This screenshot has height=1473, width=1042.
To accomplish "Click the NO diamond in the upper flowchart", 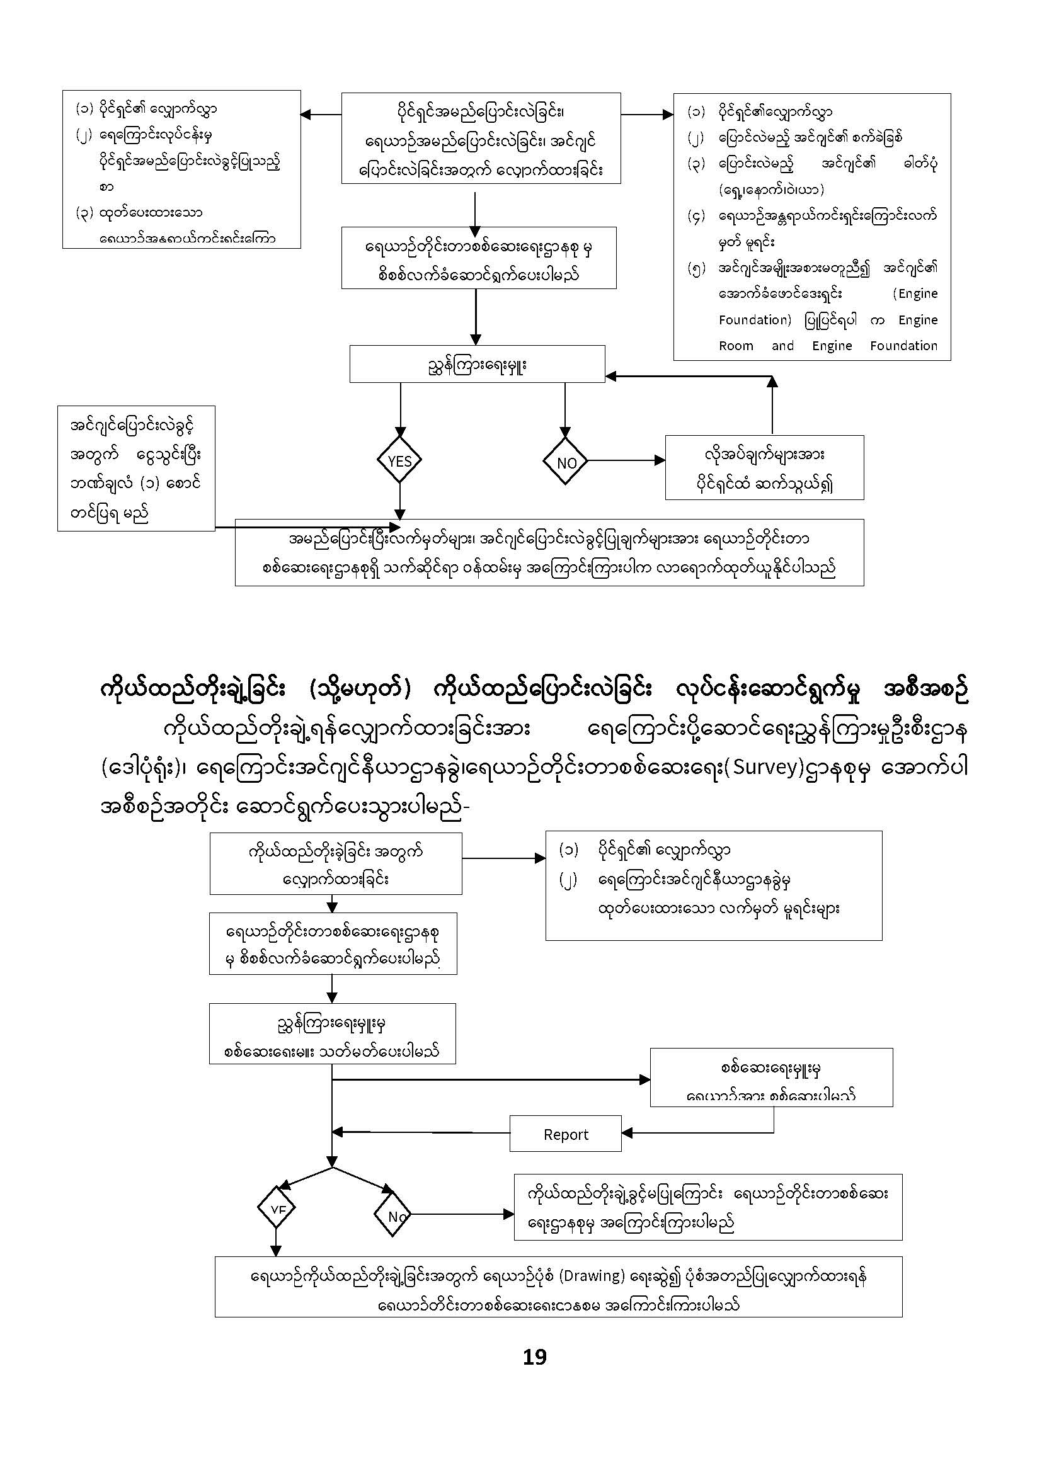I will (x=565, y=461).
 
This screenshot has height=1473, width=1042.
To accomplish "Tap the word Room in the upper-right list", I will (x=736, y=346).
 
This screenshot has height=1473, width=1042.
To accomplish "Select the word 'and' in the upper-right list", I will (x=783, y=346).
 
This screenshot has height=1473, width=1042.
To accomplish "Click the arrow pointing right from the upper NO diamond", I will (x=626, y=460).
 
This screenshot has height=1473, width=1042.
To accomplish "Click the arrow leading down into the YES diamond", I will (x=400, y=411).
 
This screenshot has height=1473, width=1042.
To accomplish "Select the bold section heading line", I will (x=534, y=691).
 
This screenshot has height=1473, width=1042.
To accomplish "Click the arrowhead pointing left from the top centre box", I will (x=306, y=115).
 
